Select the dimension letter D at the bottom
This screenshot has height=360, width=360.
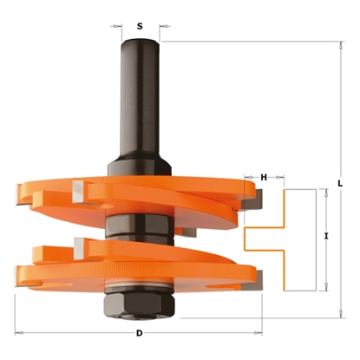click(x=139, y=334)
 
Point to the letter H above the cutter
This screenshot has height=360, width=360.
click(x=263, y=178)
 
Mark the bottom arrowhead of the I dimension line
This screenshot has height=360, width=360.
click(x=326, y=287)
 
